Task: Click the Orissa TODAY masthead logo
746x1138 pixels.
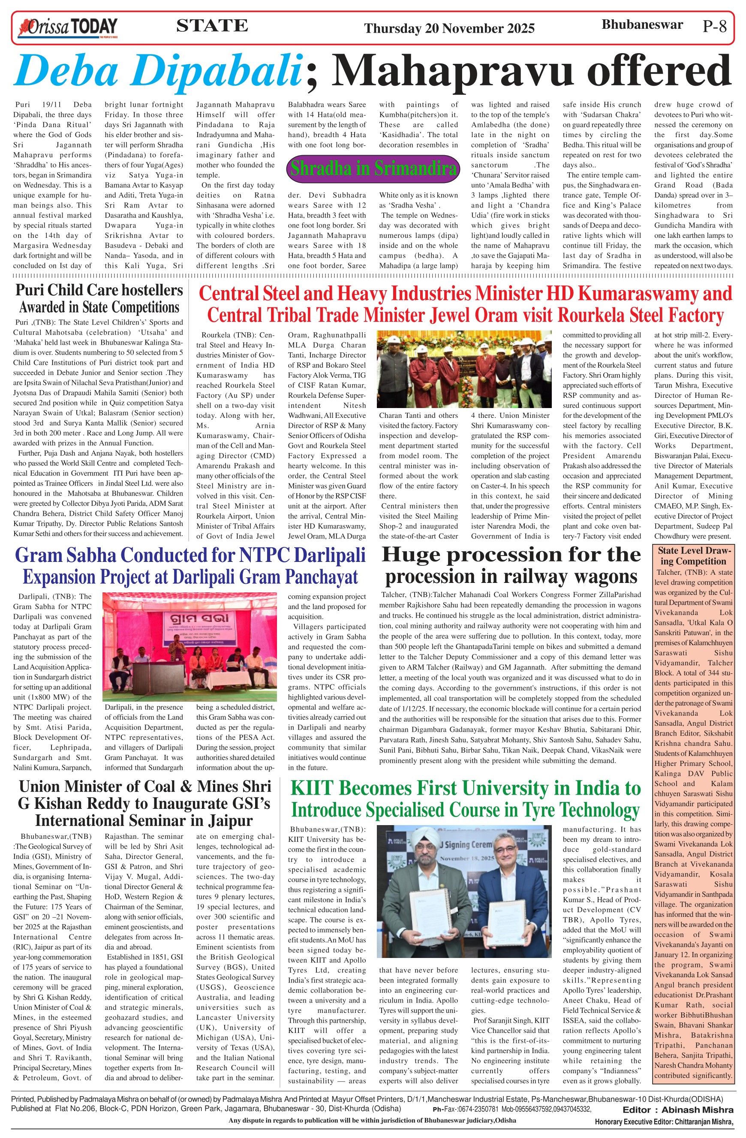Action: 67,27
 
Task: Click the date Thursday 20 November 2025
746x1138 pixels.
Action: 449,28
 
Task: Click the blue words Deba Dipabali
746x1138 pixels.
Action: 158,71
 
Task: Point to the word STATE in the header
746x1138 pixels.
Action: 212,26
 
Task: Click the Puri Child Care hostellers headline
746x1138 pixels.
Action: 99,290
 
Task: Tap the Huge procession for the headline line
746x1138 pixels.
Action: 511,555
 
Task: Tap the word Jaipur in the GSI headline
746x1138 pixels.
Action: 229,820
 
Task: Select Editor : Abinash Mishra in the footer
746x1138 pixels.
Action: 677,1110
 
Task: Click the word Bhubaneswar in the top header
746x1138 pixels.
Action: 642,25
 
